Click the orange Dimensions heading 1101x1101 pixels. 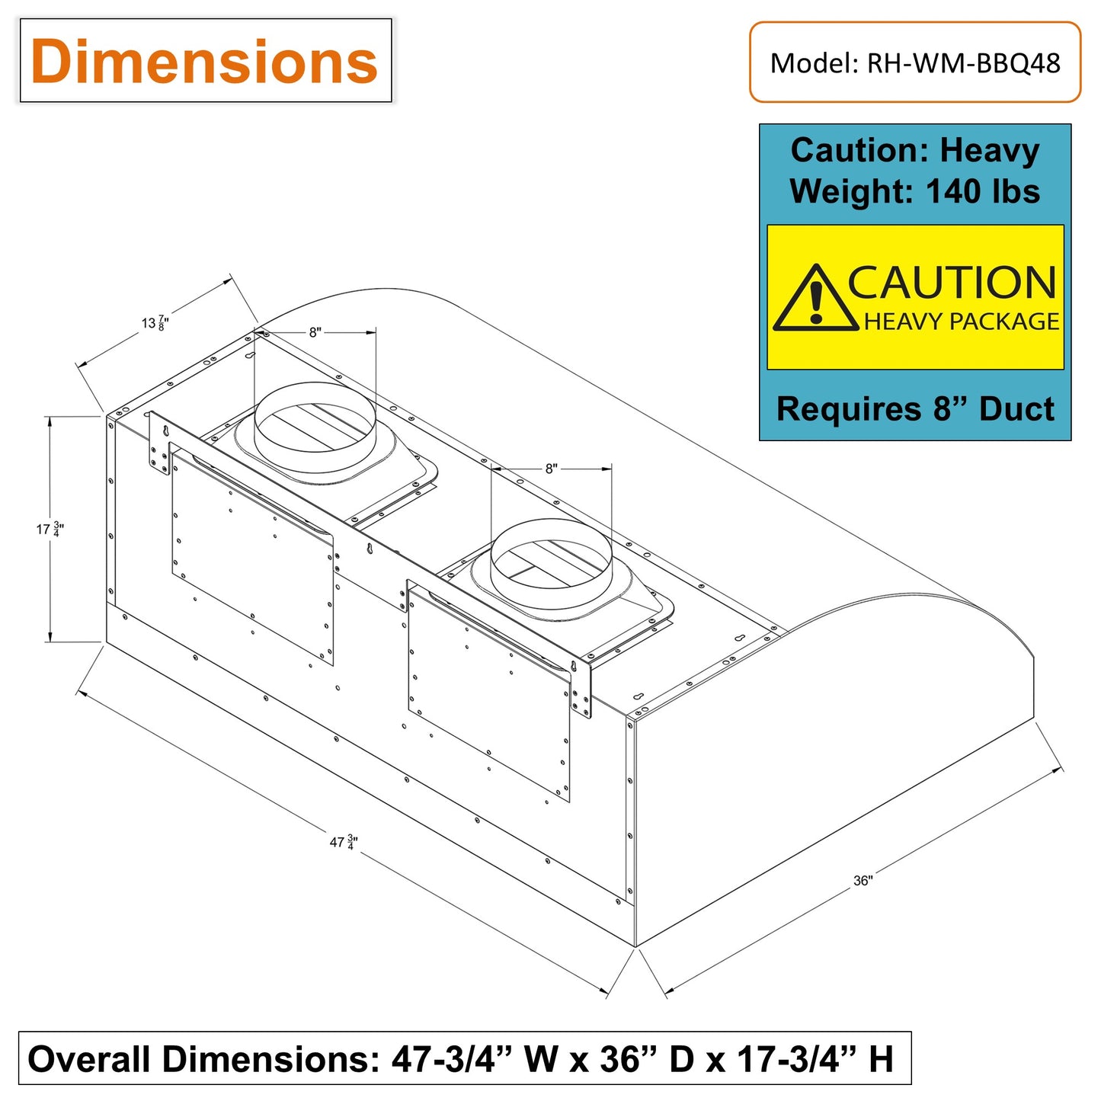[x=204, y=61]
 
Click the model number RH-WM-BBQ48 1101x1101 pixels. [x=963, y=63]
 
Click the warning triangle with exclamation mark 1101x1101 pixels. [x=815, y=299]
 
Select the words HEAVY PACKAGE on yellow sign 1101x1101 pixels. [x=962, y=322]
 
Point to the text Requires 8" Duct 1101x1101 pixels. [x=915, y=409]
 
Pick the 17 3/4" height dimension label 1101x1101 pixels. [x=50, y=529]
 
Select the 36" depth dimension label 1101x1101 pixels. [x=863, y=881]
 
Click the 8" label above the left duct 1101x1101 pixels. [x=315, y=332]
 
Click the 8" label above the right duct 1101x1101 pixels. [x=551, y=469]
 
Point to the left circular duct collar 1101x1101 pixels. [x=314, y=427]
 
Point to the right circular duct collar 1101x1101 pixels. [x=550, y=564]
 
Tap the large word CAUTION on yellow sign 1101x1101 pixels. [x=952, y=283]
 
